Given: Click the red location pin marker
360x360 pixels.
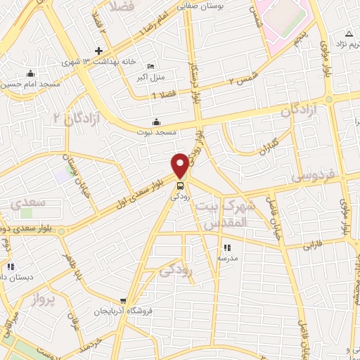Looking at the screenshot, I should click(181, 165).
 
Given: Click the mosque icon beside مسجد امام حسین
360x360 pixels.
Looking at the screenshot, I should click(30, 74).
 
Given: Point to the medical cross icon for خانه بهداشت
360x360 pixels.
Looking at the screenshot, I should click(99, 51).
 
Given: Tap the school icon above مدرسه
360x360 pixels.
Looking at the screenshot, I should click(226, 247).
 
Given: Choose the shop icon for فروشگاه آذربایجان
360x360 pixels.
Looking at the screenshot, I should click(124, 301).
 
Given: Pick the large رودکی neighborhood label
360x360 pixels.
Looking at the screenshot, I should click(176, 268).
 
